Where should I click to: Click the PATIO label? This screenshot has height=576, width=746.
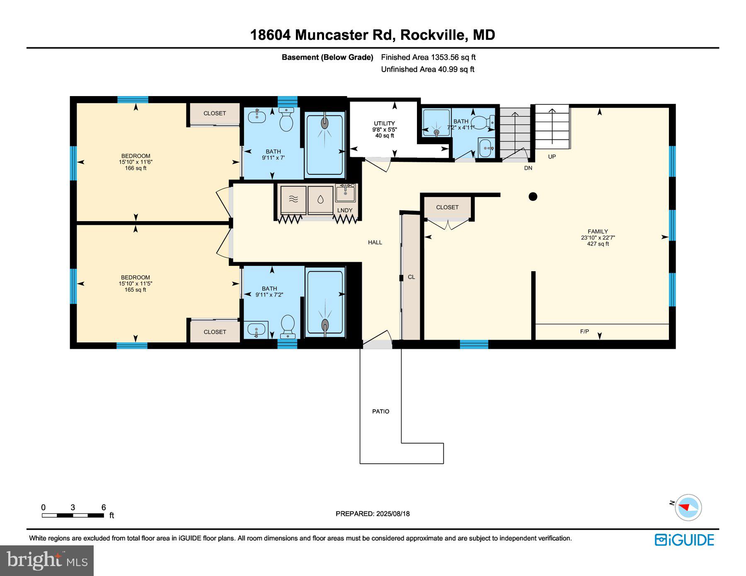(x=380, y=411)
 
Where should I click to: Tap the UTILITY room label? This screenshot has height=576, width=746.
(x=384, y=123)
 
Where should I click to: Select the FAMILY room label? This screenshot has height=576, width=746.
(x=598, y=231)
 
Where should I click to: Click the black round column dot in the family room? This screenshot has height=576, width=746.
(x=533, y=196)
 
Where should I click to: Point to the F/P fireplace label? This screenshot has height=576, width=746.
(x=584, y=331)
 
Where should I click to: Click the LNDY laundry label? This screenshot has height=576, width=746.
(x=345, y=210)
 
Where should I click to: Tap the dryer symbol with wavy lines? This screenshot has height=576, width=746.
(x=293, y=200)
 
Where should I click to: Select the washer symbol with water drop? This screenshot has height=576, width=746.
(x=320, y=200)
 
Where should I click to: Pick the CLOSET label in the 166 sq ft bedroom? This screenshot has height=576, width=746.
(x=215, y=113)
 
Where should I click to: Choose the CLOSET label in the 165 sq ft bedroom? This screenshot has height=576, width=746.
(x=215, y=332)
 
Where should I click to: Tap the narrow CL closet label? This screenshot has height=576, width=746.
(x=411, y=277)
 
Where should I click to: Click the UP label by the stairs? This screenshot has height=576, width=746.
(x=552, y=157)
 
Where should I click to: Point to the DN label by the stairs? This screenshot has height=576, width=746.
(x=528, y=168)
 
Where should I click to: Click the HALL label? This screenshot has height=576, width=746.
(x=375, y=242)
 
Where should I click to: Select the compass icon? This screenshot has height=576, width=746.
(x=688, y=507)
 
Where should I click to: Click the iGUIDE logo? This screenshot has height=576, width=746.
(x=684, y=540)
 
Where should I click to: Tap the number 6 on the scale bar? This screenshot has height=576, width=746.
(x=104, y=507)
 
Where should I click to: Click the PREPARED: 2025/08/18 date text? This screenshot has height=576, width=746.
(x=373, y=513)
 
